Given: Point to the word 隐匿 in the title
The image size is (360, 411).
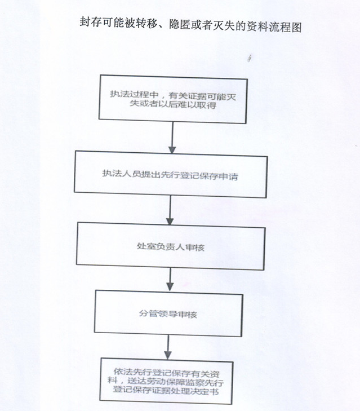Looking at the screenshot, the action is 180,25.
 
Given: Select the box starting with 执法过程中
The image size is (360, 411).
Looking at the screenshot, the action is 173,99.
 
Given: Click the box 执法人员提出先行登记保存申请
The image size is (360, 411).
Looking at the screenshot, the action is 171,174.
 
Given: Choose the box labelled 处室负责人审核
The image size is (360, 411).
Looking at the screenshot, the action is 171,246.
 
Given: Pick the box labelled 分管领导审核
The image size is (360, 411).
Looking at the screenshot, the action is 168,313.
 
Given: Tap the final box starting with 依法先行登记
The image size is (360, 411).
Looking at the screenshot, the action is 166,381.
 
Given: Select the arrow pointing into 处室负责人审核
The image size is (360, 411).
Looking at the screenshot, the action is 170,210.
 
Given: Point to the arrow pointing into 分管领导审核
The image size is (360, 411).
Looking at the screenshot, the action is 170,280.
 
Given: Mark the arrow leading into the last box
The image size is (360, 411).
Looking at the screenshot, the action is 168,347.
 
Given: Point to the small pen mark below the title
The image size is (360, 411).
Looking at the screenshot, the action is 250,58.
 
